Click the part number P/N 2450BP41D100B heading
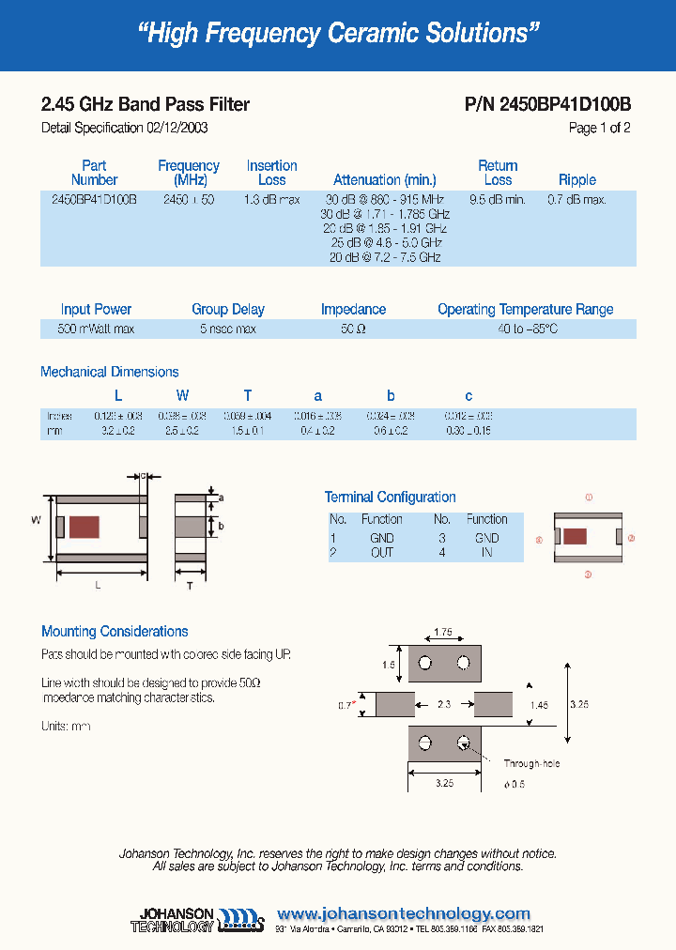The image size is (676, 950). coord(547,104)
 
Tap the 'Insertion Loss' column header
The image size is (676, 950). coord(271,173)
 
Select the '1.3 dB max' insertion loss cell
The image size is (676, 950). coord(271,200)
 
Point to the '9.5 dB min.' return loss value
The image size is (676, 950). coord(497,200)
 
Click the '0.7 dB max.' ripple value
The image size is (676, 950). coord(576,200)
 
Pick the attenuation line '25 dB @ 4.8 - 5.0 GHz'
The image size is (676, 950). coord(385,242)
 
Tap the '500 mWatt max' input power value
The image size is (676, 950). coord(96,329)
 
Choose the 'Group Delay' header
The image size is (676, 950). coord(228,309)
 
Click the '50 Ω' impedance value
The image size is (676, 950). coord(353,329)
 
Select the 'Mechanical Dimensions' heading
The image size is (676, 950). coord(109,372)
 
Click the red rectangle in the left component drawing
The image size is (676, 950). coord(85,527)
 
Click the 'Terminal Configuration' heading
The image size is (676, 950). coord(390,497)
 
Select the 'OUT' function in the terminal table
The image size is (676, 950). coord(381,552)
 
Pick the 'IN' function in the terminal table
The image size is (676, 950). coord(486,552)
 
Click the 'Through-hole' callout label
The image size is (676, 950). coord(531,764)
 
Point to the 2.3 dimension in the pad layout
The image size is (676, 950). coord(444,703)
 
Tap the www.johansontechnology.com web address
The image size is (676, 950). coord(404,913)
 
